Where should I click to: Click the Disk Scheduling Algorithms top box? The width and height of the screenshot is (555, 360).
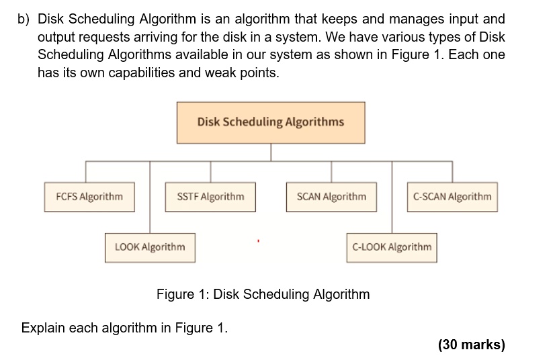click(x=271, y=122)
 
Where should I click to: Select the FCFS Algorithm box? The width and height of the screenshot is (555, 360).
click(x=89, y=197)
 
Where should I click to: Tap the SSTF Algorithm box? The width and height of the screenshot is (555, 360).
click(x=210, y=197)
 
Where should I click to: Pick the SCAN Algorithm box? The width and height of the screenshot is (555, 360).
click(x=331, y=197)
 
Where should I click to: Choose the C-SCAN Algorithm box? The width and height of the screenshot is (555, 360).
click(x=452, y=197)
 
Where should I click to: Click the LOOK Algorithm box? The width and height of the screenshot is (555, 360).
click(x=150, y=247)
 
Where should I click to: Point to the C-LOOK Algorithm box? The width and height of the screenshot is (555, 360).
click(x=392, y=247)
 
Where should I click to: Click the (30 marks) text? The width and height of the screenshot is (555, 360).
click(x=471, y=345)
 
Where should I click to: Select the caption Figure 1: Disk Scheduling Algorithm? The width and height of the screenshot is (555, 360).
click(x=263, y=294)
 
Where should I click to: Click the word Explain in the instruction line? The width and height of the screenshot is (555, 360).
click(x=44, y=328)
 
